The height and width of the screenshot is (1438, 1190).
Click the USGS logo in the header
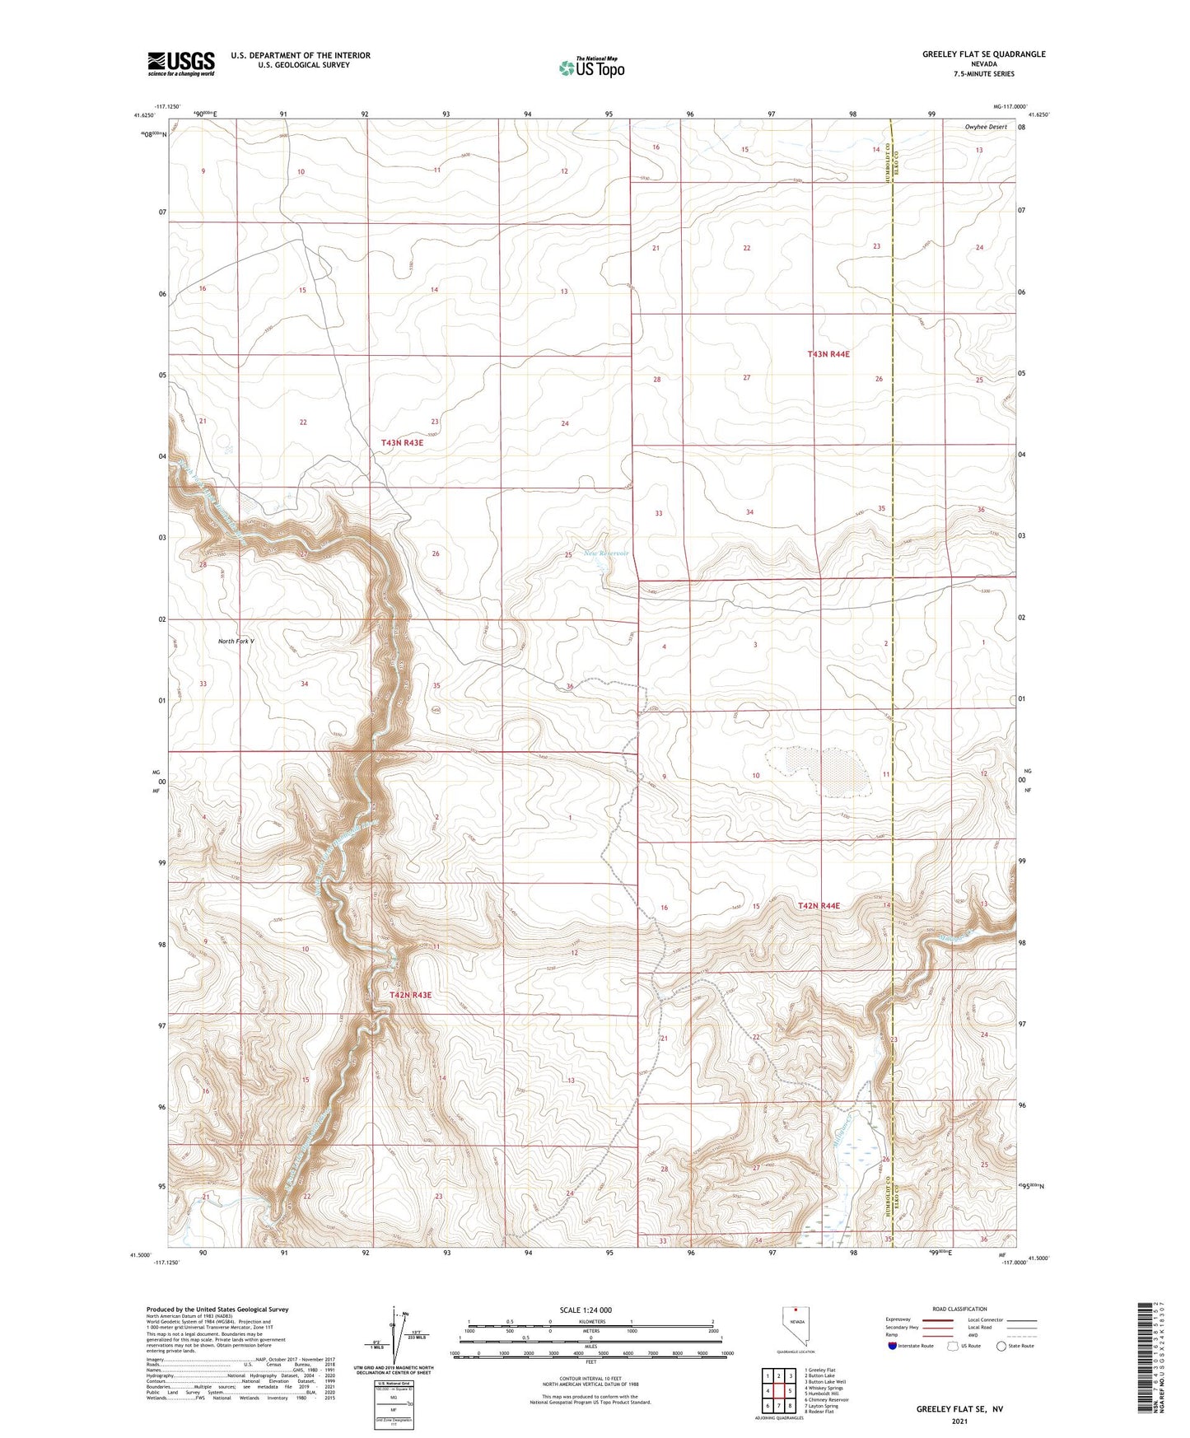[181, 63]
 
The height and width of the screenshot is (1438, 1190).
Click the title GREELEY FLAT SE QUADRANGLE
[983, 54]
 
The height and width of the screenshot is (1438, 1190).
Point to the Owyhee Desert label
[985, 128]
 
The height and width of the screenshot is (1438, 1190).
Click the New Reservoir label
[606, 553]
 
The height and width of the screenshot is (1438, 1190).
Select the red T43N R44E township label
[828, 354]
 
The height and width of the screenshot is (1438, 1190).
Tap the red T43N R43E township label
[402, 443]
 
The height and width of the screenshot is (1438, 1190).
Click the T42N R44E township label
[819, 906]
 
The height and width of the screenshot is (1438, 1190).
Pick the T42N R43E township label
[410, 995]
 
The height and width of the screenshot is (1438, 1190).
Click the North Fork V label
[236, 642]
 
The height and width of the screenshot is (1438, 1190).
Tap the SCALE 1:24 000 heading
[586, 1310]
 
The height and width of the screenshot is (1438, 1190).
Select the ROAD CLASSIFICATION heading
[959, 1309]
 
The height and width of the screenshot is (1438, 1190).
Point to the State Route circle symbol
[1001, 1346]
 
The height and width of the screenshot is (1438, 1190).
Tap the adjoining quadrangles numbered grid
[778, 1391]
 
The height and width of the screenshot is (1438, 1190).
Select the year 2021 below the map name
[959, 1422]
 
